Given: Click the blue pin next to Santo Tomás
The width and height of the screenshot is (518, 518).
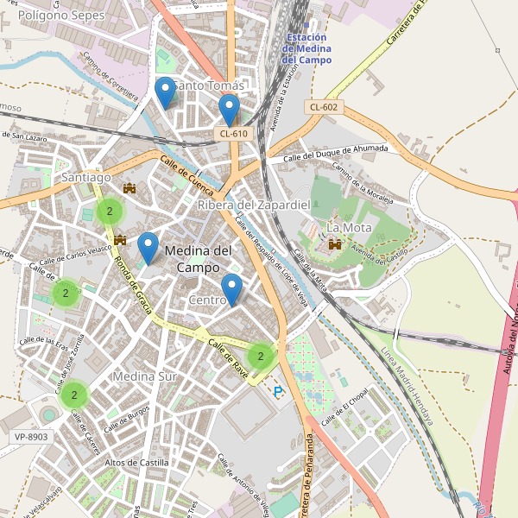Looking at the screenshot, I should point(164,91).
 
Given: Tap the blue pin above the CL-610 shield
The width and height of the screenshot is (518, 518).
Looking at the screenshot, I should point(229,109).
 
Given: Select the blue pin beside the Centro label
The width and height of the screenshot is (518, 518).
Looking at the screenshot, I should point(231,288).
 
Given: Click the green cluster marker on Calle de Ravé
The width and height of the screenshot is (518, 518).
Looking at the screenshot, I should point(260,355).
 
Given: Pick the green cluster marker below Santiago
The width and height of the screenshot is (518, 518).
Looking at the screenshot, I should point(110,211).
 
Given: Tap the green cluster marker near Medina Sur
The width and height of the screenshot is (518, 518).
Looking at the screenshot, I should point(74,395).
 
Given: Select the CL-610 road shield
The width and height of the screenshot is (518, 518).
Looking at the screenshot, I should point(233,133).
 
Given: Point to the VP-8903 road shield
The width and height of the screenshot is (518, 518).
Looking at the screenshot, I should point(31,438).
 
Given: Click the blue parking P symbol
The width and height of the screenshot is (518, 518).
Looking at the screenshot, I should point(278,392).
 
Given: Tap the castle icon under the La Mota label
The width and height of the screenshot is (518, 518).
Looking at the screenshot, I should point(333,245).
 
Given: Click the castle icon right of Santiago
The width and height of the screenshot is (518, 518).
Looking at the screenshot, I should point(130,188).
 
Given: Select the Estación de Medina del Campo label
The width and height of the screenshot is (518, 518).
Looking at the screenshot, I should point(306,49).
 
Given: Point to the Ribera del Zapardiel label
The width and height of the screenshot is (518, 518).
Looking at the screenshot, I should point(253,205).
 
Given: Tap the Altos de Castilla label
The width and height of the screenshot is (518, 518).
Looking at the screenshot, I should point(136,463).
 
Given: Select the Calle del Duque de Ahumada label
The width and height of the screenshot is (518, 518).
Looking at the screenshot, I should point(336,152).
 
